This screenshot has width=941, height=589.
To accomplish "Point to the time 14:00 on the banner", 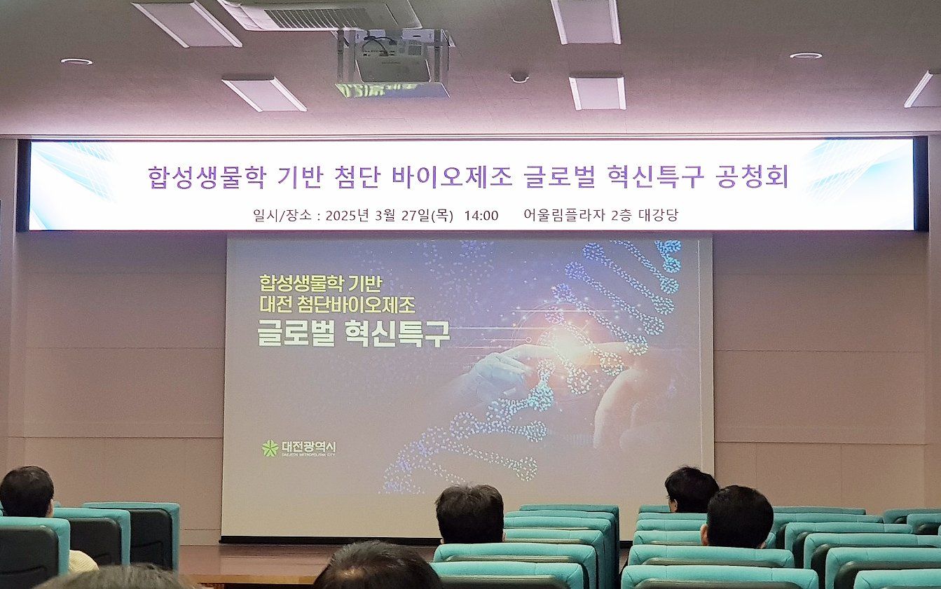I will [481, 215].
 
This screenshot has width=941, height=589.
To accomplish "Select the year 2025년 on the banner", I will [350, 215].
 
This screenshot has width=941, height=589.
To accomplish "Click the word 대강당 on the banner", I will [658, 215].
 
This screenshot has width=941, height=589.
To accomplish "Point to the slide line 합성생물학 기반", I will [319, 283].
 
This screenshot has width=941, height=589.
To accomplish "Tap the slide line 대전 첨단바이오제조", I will [337, 305].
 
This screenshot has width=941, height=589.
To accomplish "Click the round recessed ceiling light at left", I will [76, 62].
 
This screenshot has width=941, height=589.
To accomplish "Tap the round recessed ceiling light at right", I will [805, 55].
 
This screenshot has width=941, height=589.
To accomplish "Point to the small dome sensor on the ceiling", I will [519, 77].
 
